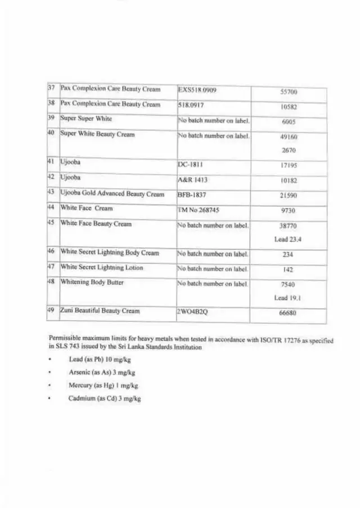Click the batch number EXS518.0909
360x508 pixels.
(x=197, y=89)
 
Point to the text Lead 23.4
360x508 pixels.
(x=287, y=239)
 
